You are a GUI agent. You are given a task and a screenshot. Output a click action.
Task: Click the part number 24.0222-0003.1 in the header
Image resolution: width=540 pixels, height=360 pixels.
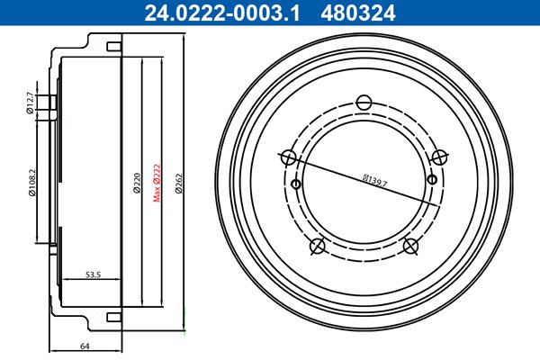tap(222, 13)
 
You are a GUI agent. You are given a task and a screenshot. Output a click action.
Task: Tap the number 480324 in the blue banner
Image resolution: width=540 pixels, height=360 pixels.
tap(358, 13)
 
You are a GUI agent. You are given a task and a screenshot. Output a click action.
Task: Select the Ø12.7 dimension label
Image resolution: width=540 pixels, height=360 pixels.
tap(30, 103)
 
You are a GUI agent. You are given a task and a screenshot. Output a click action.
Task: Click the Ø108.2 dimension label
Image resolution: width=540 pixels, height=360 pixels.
tap(32, 182)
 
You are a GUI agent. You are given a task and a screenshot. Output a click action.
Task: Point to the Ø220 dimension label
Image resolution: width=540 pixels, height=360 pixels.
tap(137, 183)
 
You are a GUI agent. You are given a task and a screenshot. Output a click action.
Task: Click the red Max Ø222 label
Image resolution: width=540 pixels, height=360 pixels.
tap(157, 183)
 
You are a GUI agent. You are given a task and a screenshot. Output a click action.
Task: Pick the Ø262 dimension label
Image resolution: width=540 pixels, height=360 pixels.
tap(179, 184)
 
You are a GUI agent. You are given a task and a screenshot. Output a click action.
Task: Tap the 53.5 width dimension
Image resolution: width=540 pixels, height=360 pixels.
tap(93, 274)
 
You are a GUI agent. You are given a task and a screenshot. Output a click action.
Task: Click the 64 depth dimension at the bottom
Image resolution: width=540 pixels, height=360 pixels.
tap(85, 346)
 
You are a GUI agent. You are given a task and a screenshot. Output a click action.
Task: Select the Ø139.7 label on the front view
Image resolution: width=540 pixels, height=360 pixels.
tap(374, 181)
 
